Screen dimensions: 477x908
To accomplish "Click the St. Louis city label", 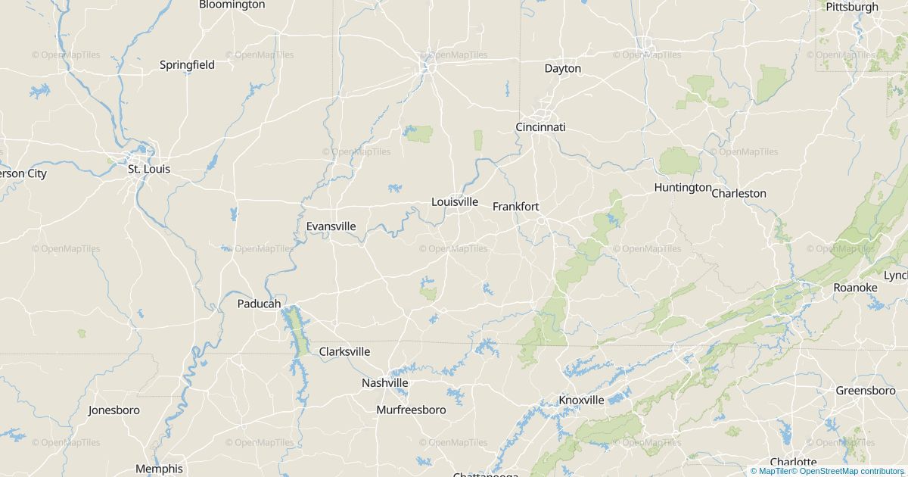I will tap(148, 169).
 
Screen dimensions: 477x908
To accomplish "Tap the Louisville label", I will tap(454, 201).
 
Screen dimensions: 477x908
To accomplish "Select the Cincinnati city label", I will tap(540, 127).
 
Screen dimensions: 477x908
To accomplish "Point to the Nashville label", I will tap(384, 383).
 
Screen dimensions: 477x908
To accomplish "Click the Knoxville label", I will tap(581, 400).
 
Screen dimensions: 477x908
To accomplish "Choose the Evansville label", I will tap(331, 226).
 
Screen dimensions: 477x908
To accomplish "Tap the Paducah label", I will tap(259, 304).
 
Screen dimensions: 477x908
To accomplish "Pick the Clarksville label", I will tap(344, 351).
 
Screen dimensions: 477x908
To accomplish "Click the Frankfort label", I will tap(515, 206).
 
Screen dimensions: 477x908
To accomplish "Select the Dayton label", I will tap(562, 68).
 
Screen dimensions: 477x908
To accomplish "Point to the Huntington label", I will tap(683, 187).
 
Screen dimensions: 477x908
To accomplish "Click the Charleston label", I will tap(739, 193).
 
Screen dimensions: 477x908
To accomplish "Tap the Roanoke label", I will tap(855, 288).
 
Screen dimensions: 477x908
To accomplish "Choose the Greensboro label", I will tap(865, 391).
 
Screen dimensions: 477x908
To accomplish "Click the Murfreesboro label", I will tap(411, 410).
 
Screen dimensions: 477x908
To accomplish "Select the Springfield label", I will tap(187, 64).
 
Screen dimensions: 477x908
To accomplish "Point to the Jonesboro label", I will tap(113, 410).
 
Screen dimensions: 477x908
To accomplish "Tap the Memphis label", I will tap(159, 469).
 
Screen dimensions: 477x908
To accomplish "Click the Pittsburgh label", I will tap(851, 7).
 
